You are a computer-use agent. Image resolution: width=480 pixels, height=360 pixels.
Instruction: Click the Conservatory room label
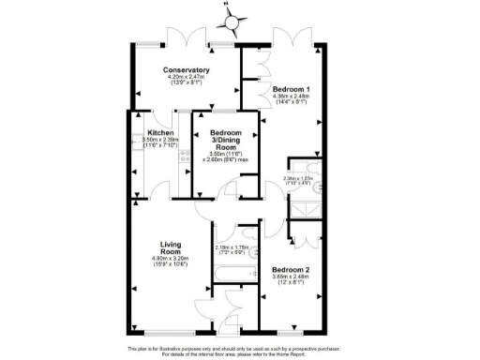coord(186,70)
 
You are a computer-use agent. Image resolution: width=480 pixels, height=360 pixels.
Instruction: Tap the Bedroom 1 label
coord(291,88)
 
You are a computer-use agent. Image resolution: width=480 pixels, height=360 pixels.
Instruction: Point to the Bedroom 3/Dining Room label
coord(225,141)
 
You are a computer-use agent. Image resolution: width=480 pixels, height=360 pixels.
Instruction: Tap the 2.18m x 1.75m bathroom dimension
coord(230,249)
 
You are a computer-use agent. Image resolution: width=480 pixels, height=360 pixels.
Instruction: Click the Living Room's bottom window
coord(170,334)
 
